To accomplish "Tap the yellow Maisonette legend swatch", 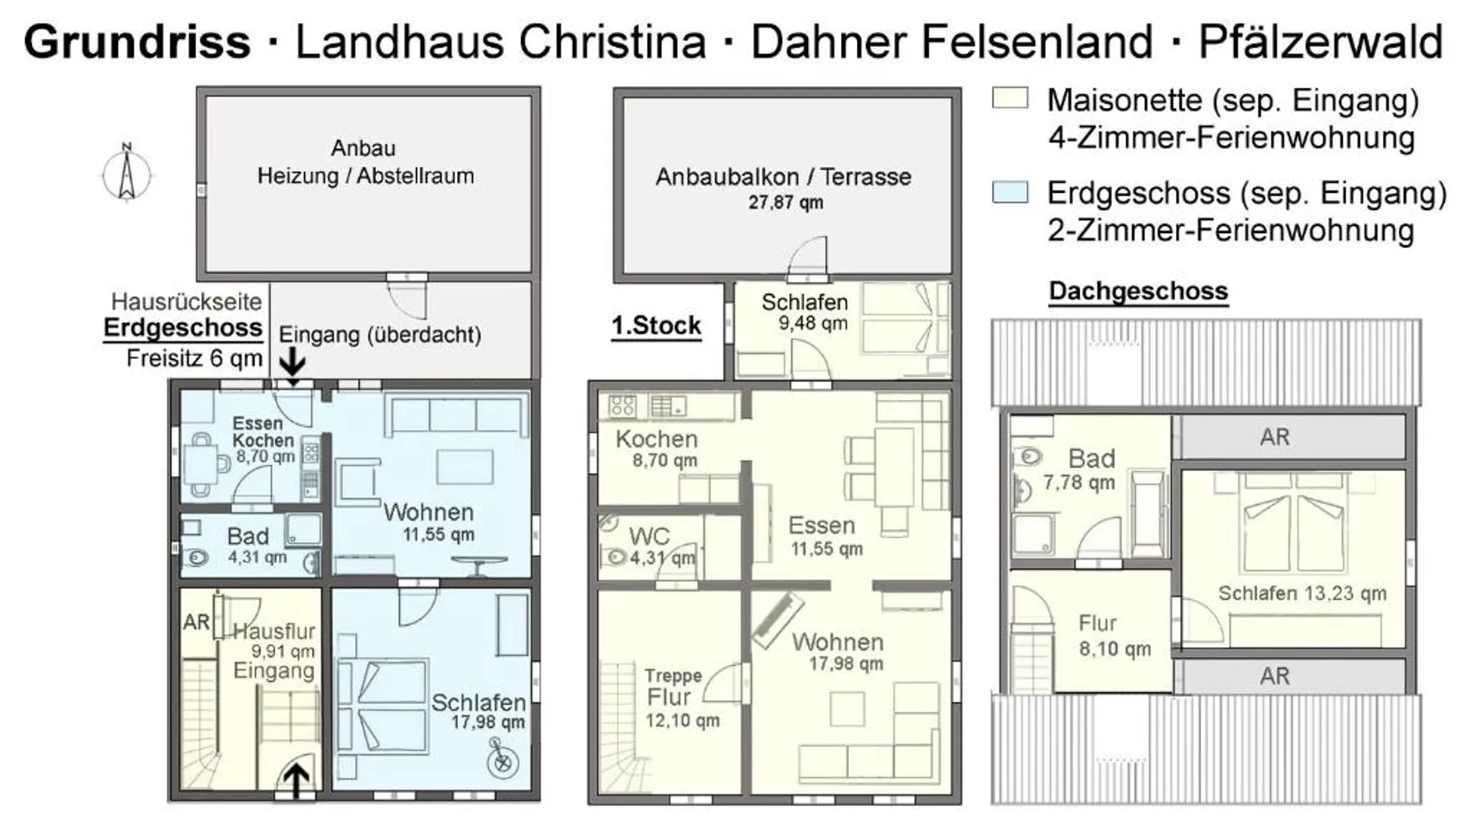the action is coord(1009,98).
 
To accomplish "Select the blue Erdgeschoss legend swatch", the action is coord(1009,192).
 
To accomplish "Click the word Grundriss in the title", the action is coord(137,42).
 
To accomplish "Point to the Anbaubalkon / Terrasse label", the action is coord(783,177).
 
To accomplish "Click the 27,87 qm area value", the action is coord(786,203).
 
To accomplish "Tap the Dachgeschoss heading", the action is coord(1138,292).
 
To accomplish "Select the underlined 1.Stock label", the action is coord(657,326).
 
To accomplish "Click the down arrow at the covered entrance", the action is coord(293,361).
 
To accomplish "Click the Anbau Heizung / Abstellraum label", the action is coord(365,162).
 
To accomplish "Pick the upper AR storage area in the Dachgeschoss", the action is coord(1293,437).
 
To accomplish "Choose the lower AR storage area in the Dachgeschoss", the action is coord(1293,676).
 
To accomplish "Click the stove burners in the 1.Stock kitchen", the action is coord(622,406).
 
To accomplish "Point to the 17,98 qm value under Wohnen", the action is coord(846,664).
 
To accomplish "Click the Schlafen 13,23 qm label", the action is coord(1302,594).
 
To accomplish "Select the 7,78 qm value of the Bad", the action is coord(1079,483).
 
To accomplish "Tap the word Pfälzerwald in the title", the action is coord(1321,43).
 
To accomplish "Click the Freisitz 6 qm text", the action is coord(195,358).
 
